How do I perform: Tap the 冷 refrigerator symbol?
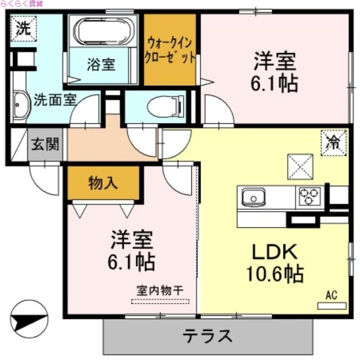333,143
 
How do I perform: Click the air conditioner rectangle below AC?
332,306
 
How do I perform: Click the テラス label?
207,335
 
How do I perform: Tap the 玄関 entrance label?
45,144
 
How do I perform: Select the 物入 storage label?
103,183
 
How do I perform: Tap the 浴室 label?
101,65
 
